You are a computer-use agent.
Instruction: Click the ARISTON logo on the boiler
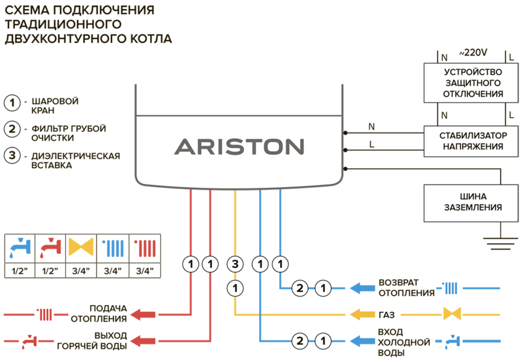[x=239, y=147]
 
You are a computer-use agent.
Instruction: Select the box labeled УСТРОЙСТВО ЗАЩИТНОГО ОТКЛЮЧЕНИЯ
[x=470, y=83]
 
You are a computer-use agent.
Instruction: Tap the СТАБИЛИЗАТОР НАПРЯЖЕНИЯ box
[x=470, y=141]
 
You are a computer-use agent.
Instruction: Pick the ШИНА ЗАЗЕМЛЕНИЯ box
[x=470, y=203]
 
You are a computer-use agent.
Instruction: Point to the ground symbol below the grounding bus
[x=500, y=243]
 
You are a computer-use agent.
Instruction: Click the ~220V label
[x=473, y=53]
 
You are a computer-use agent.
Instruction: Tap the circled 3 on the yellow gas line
[x=235, y=264]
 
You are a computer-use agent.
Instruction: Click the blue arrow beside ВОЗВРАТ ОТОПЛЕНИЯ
[x=363, y=288]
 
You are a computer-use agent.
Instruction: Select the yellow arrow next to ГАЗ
[x=363, y=314]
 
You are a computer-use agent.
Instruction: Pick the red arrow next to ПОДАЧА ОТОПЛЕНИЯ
[x=143, y=314]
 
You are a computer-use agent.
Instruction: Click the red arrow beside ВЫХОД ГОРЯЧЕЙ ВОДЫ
[x=143, y=341]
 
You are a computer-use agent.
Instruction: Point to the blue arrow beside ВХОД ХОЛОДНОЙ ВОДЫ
[x=363, y=341]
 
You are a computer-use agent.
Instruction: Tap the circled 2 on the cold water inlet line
[x=300, y=341]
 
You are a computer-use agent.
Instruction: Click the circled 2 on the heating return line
[x=300, y=288]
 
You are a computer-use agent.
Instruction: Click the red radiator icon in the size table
[x=145, y=248]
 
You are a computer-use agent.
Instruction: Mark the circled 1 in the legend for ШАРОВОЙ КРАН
[x=12, y=103]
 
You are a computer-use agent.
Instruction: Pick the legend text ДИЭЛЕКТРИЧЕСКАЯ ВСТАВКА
[x=76, y=160]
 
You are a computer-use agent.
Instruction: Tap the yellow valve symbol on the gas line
[x=452, y=314]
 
